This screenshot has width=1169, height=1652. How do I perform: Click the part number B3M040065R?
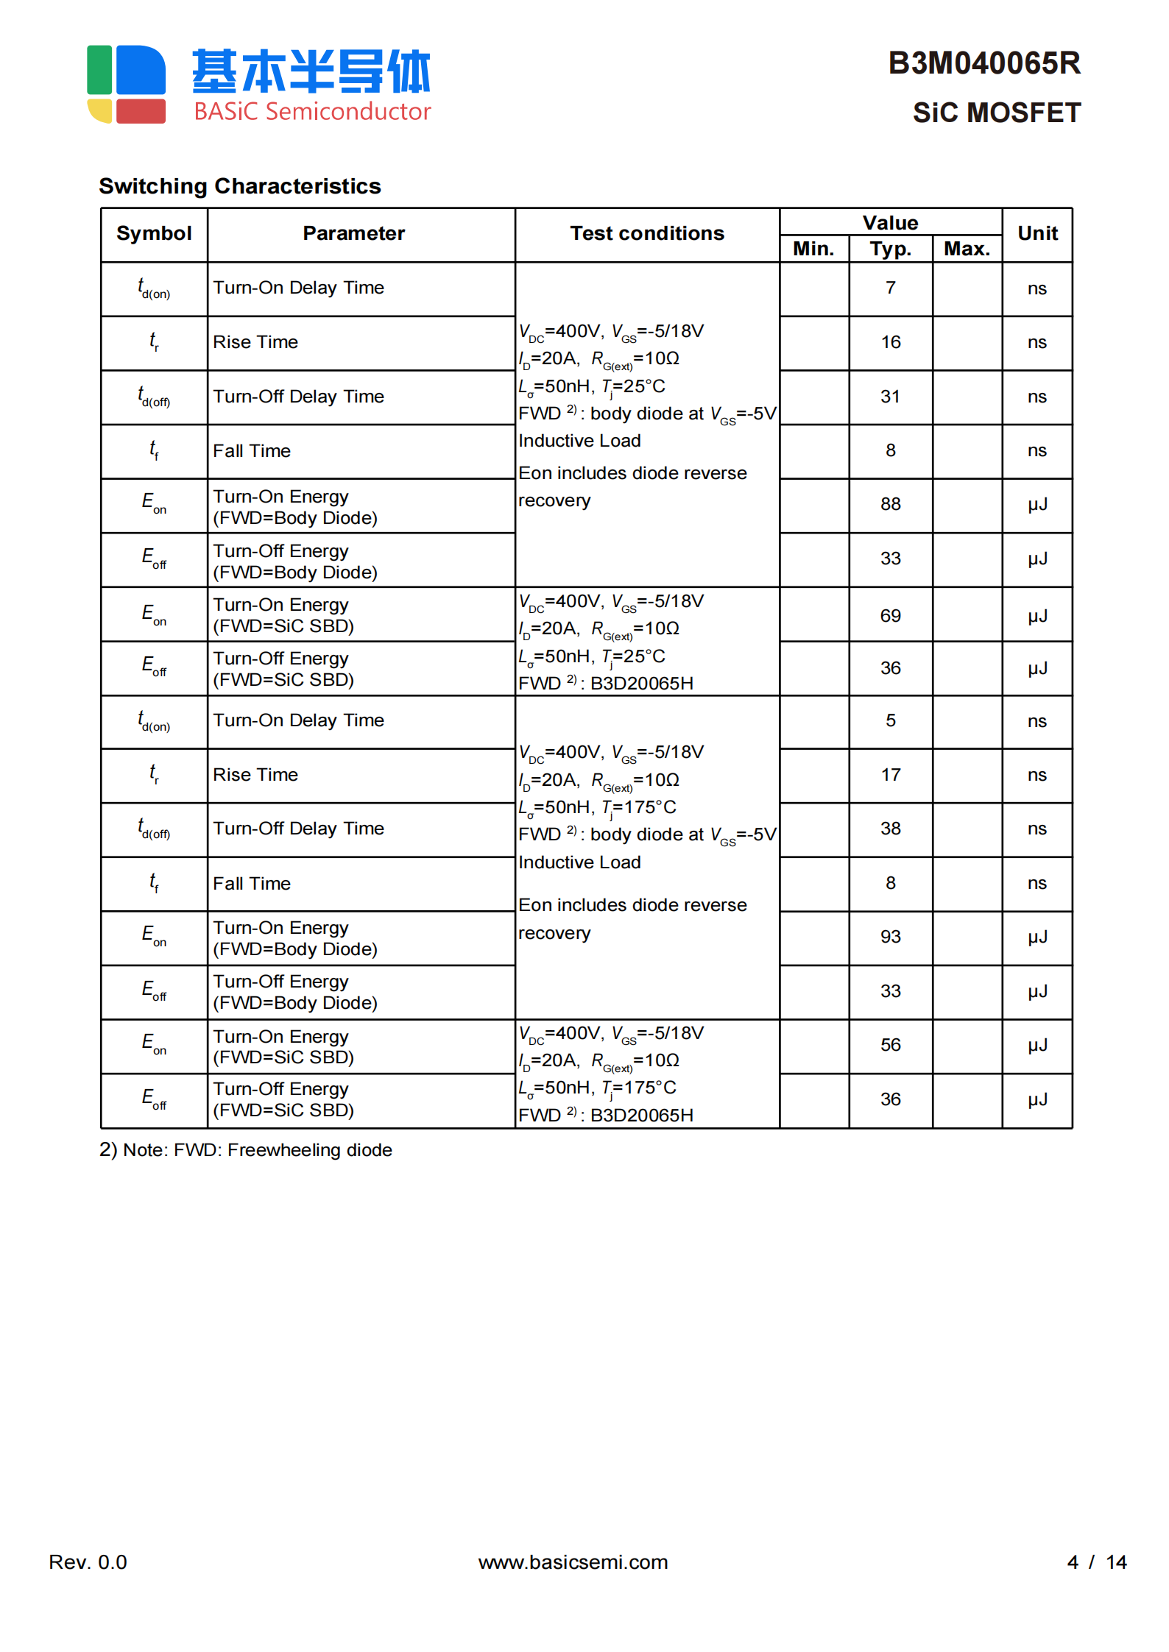(983, 63)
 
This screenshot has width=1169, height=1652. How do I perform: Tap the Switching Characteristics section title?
(240, 186)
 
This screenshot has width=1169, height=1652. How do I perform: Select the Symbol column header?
(154, 233)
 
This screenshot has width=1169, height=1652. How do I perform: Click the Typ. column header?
(890, 249)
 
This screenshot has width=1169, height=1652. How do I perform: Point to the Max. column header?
(967, 249)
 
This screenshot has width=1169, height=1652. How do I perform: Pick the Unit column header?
(1037, 233)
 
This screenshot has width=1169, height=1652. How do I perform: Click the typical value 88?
(890, 504)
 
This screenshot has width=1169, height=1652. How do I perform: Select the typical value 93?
(890, 937)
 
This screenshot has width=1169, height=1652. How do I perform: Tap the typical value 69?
(890, 616)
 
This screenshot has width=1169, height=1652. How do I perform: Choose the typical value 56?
(890, 1045)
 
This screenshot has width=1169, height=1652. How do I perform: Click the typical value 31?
(890, 397)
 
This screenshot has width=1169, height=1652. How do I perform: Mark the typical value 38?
(890, 829)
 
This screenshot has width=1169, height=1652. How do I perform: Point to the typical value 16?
(890, 342)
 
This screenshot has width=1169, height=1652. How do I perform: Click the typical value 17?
(890, 775)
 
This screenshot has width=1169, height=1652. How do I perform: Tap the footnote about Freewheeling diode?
(246, 1150)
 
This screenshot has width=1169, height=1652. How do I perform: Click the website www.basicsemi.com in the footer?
(573, 1562)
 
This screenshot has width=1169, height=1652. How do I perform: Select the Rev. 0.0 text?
(88, 1562)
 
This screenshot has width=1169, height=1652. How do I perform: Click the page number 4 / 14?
(1096, 1562)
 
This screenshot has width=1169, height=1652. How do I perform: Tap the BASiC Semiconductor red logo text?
(312, 112)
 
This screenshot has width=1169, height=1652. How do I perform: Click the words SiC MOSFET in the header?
(996, 113)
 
